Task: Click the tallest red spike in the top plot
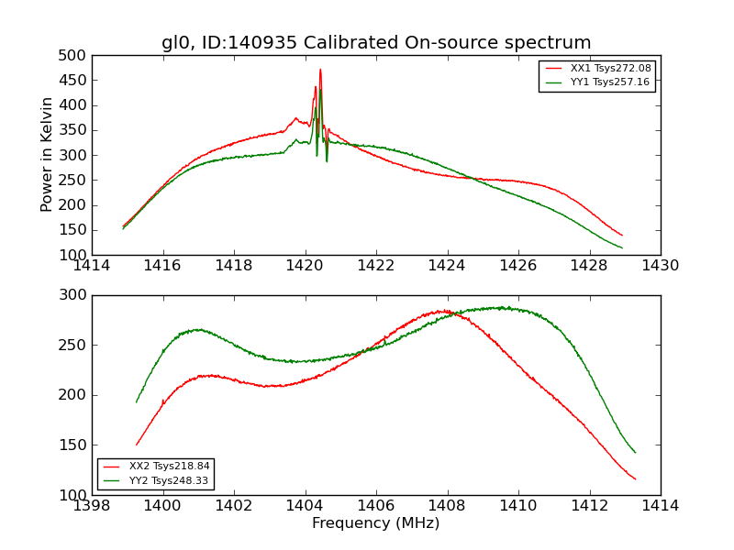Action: tap(320, 70)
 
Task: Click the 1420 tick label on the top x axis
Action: tap(305, 266)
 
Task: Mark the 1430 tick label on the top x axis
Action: tap(660, 266)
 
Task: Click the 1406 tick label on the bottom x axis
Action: tap(376, 506)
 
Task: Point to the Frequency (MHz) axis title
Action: tap(375, 523)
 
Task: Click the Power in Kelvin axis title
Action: tap(47, 155)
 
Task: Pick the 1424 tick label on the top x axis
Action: tap(447, 266)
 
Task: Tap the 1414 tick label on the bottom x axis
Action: tap(660, 506)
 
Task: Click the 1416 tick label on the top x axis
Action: tap(163, 266)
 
